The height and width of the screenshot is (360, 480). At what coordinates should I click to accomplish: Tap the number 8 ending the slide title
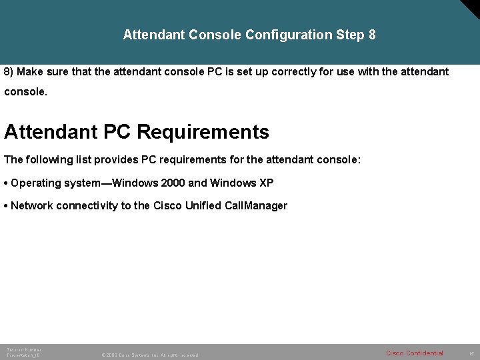coord(371,35)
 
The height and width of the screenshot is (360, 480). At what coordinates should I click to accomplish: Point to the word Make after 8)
coord(31,71)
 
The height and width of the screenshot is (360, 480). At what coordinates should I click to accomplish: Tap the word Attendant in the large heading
coord(51,132)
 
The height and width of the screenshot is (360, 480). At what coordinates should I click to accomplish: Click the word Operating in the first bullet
coord(35,183)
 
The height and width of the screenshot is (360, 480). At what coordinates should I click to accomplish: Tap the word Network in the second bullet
coord(31,205)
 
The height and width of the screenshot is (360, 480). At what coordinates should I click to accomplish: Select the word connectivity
coord(87,205)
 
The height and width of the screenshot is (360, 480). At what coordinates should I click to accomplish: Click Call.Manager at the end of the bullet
coord(256,205)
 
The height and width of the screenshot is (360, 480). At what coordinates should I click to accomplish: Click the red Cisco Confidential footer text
coord(414,353)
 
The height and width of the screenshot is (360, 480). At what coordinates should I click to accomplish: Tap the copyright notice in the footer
coord(149,355)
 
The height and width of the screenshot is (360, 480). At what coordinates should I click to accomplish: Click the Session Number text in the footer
coord(23,349)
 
